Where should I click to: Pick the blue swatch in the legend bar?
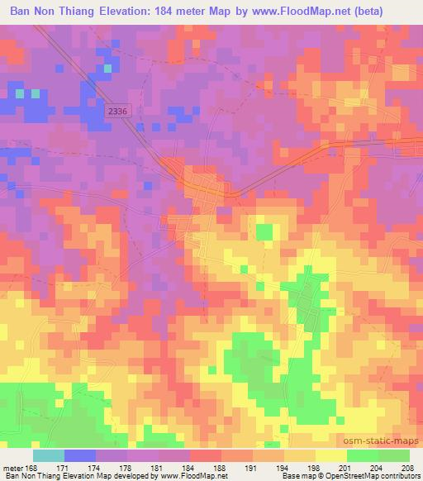pos(79,455)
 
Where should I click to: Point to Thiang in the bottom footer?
pos(45,476)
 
